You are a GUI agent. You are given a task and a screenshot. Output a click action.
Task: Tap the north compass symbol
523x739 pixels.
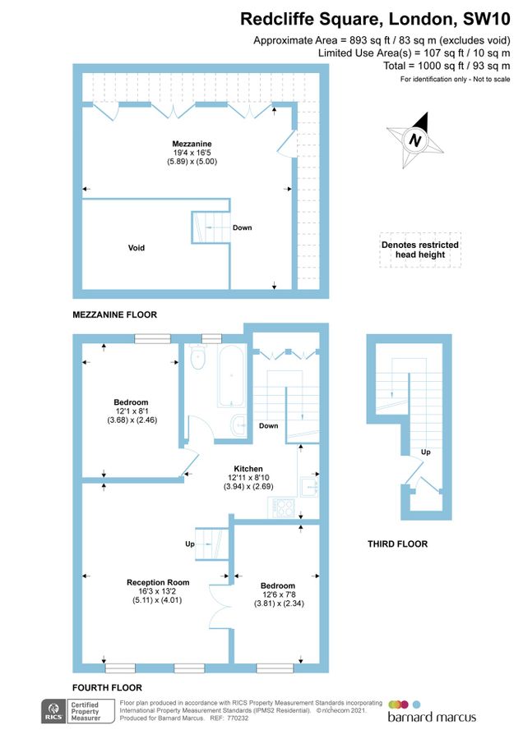[416, 140]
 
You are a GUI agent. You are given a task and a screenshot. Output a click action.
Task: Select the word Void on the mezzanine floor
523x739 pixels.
[136, 247]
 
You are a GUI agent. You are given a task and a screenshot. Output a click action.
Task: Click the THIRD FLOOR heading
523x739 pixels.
[397, 544]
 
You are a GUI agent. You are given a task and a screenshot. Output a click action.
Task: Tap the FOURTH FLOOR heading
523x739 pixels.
[108, 688]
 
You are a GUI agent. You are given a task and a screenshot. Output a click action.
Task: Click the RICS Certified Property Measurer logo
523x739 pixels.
[79, 711]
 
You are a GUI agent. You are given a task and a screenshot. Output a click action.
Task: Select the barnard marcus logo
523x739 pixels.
[432, 712]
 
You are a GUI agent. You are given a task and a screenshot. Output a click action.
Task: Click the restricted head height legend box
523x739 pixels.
[420, 250]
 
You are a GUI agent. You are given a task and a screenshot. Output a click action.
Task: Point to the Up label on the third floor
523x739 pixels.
[425, 452]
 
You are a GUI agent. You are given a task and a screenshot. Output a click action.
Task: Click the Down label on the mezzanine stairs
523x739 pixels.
[242, 227]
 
